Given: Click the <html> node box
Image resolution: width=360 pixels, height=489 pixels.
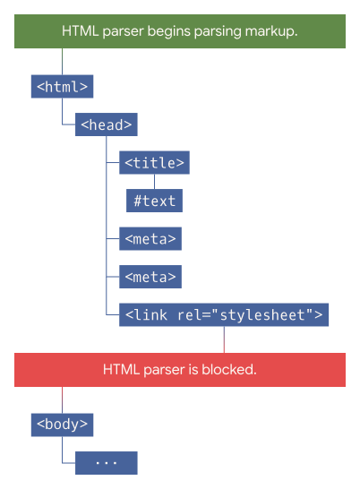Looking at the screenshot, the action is (62, 86).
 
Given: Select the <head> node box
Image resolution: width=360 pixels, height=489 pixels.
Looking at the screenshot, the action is (106, 124).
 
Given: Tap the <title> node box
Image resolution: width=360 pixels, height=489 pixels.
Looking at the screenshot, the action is (154, 162).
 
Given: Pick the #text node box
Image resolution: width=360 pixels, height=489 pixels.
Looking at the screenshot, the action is (154, 201).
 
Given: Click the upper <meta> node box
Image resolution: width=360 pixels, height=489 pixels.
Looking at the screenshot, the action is (150, 238).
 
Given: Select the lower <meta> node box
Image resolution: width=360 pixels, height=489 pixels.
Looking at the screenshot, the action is (150, 277).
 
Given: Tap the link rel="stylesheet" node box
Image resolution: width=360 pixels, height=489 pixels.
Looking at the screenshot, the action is (224, 314).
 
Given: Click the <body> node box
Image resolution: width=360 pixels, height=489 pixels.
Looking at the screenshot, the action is (62, 425).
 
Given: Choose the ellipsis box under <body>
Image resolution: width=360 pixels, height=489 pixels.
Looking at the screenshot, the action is (106, 463).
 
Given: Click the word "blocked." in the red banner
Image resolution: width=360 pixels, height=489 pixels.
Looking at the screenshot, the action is (229, 370).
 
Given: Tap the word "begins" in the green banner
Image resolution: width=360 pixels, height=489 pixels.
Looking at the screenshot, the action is (168, 32).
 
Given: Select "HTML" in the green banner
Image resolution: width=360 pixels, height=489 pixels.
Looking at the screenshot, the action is (81, 31).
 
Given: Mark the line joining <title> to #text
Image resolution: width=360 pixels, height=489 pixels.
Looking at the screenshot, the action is (154, 182).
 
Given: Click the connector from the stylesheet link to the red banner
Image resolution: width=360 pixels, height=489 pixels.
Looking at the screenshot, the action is (224, 339).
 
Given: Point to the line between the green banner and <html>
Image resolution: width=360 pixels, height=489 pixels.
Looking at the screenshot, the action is (62, 62).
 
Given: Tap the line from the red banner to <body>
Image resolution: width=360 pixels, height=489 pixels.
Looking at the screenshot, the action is (62, 400).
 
